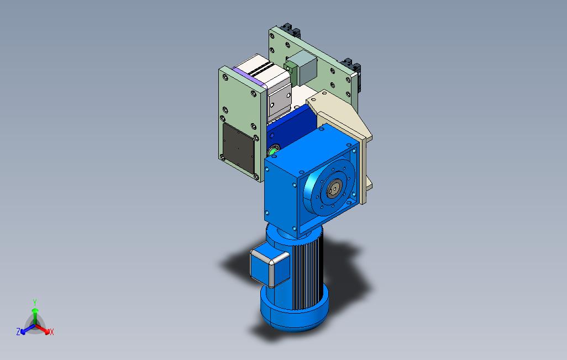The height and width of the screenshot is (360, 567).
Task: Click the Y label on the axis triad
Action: coord(35,302)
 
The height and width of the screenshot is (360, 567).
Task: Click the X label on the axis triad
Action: coord(52,332)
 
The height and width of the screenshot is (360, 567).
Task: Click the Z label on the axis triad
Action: coord(18,331)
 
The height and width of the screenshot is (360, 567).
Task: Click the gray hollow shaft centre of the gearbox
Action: coord(334,189)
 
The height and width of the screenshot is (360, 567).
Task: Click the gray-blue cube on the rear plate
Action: coord(303,67)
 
